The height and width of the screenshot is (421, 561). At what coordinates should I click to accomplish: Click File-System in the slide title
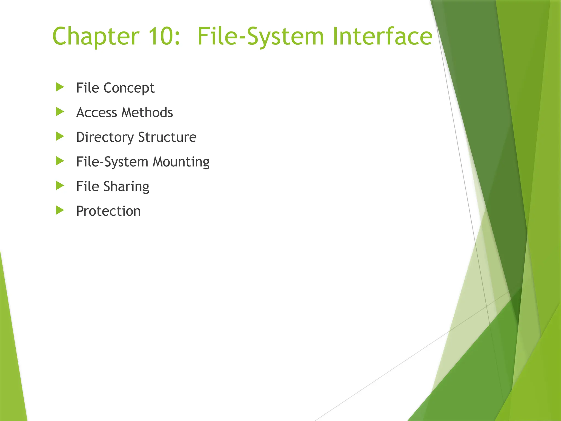[x=261, y=36]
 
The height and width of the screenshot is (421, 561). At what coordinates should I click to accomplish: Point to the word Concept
[x=129, y=88]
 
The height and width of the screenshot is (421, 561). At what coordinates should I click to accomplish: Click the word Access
[x=97, y=113]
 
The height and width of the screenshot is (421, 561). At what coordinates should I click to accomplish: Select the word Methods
[x=147, y=113]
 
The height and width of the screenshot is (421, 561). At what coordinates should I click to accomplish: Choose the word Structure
[x=167, y=137]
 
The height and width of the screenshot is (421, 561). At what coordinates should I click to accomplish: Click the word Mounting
[x=181, y=162]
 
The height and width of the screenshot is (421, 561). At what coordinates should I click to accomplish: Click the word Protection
[x=108, y=211]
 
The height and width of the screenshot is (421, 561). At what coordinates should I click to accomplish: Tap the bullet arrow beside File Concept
[x=60, y=87]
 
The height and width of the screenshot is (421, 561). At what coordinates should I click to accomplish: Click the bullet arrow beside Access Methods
[x=60, y=112]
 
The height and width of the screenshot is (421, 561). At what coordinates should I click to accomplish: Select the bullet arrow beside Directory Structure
[x=60, y=136]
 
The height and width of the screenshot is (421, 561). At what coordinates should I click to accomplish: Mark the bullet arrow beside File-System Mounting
[x=60, y=161]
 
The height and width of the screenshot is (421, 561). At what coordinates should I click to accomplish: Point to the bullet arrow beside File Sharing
[x=60, y=186]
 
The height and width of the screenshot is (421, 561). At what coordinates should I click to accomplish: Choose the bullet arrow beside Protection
[x=60, y=210]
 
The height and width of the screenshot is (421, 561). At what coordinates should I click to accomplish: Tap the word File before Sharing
[x=87, y=187]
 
